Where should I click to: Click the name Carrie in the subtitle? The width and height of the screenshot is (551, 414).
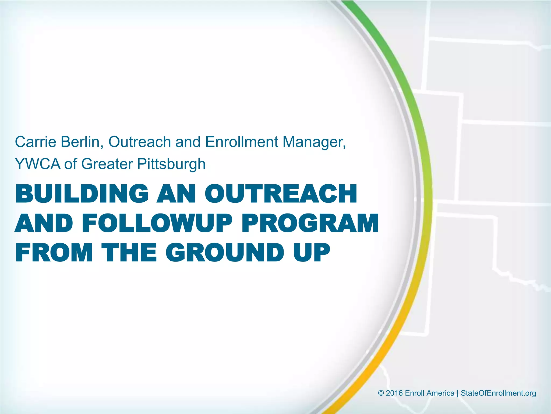pos(36,142)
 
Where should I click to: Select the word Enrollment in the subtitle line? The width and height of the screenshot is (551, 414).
pos(241,142)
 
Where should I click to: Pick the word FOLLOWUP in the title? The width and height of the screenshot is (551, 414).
pos(157,223)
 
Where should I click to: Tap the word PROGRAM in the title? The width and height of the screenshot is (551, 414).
pos(310,223)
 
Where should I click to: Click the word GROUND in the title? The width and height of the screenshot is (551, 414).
pos(225,253)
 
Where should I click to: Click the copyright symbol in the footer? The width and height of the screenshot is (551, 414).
pos(381,393)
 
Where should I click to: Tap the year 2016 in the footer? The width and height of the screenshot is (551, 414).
pos(394,393)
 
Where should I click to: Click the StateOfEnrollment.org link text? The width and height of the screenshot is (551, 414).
pos(498,393)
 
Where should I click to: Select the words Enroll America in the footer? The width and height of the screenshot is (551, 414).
pos(429,393)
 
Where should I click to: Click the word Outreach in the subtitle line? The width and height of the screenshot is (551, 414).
pos(140,142)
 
